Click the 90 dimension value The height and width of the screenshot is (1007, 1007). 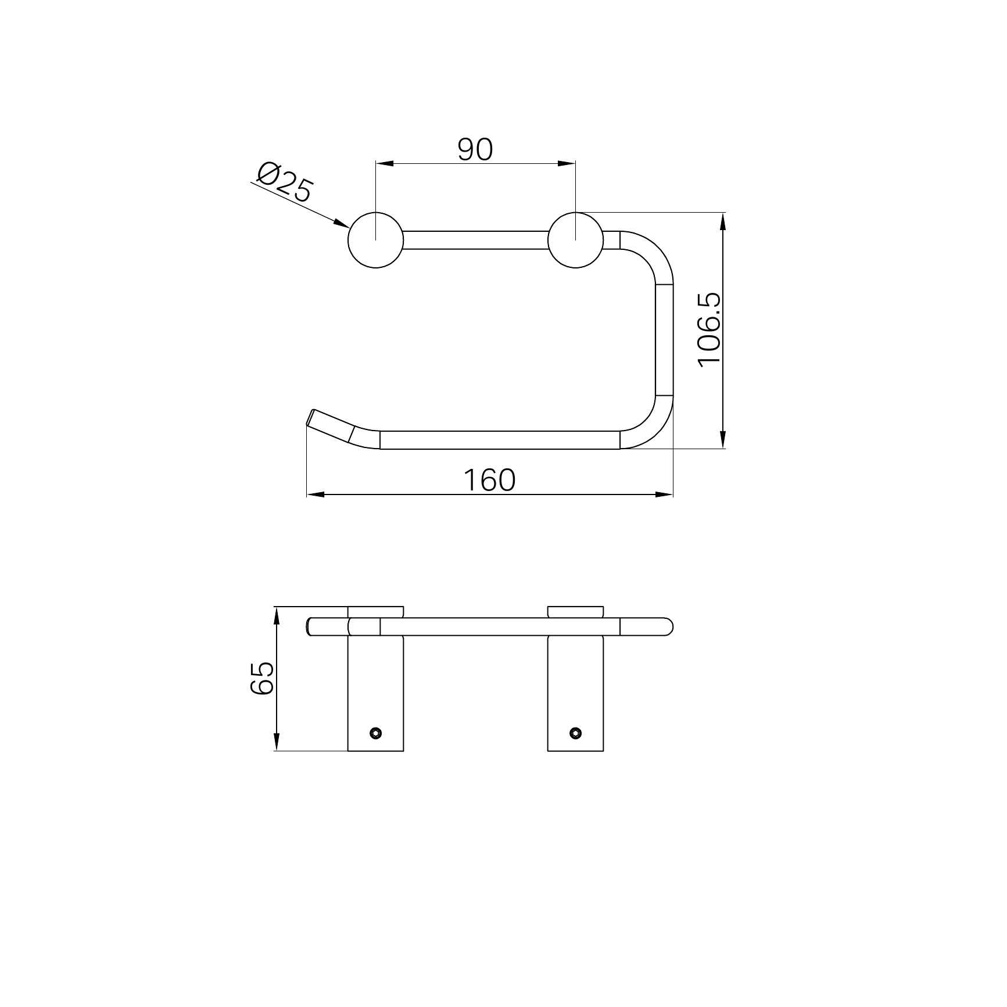tap(475, 149)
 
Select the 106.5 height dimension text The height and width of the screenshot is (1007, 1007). tap(709, 330)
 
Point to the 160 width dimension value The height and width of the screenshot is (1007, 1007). tap(489, 480)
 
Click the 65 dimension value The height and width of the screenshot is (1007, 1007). tap(261, 678)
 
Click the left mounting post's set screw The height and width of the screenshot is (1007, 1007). tap(376, 733)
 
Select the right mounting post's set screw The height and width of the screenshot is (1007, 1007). tap(576, 733)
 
